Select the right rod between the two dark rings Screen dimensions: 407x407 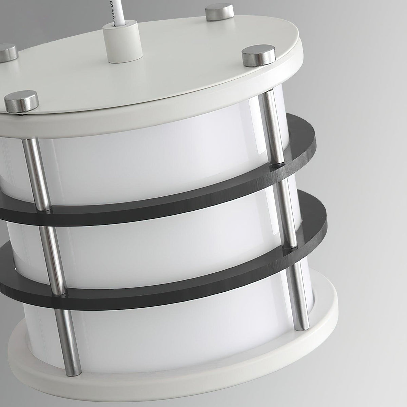(288, 210)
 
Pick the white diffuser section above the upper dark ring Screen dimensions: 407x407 (153, 159)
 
